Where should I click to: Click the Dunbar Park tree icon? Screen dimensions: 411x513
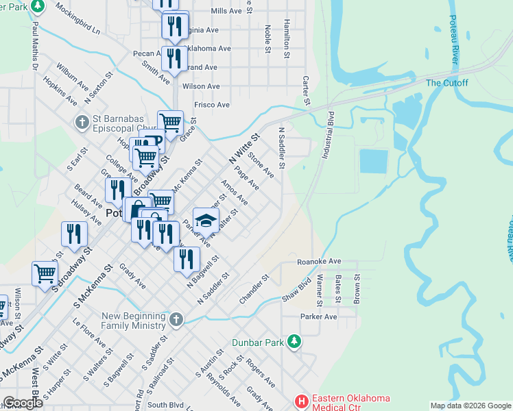pyautogui.click(x=294, y=340)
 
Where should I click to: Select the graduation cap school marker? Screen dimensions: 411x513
pyautogui.click(x=205, y=220)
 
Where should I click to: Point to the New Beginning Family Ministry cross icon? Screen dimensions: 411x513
pyautogui.click(x=176, y=319)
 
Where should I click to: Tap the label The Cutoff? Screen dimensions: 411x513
pyautogui.click(x=446, y=83)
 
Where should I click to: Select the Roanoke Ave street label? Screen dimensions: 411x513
pyautogui.click(x=319, y=262)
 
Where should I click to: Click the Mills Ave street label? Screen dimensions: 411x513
pyautogui.click(x=226, y=12)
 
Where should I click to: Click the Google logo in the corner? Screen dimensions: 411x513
pyautogui.click(x=23, y=402)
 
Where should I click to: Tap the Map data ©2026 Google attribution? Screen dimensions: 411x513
pyautogui.click(x=470, y=406)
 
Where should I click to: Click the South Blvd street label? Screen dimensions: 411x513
pyautogui.click(x=163, y=405)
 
